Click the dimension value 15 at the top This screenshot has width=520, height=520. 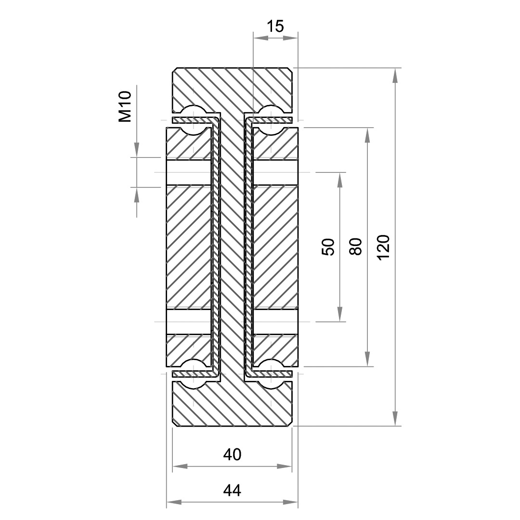(275, 26)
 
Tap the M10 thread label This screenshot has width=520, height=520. (125, 107)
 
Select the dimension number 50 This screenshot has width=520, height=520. (328, 247)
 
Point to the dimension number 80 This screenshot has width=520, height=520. (356, 246)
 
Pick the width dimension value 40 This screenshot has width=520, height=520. (232, 455)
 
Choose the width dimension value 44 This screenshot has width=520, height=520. (232, 490)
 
